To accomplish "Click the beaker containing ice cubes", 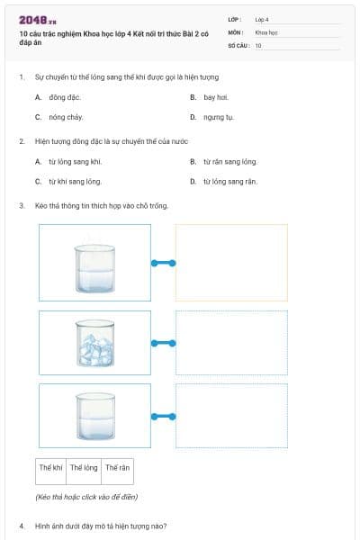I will (x=94, y=342).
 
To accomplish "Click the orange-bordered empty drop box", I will (x=231, y=263).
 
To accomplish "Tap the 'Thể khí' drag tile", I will (x=50, y=468).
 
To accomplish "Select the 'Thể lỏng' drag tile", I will (x=84, y=468).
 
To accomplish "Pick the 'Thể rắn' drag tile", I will (x=117, y=468).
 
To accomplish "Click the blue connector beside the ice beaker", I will (x=163, y=342).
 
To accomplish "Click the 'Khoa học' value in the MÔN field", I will (x=266, y=31).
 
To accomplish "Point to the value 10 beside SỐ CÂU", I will (x=258, y=44).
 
